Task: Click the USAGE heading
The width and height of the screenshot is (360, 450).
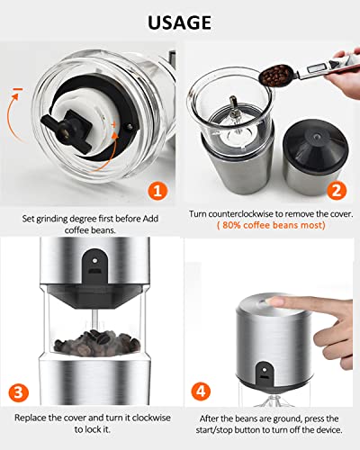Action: pyautogui.click(x=179, y=22)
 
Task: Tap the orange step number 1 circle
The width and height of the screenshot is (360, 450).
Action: pyautogui.click(x=157, y=191)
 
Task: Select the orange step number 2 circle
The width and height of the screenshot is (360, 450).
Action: pyautogui.click(x=337, y=190)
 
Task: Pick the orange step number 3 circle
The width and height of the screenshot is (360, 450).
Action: pyautogui.click(x=18, y=392)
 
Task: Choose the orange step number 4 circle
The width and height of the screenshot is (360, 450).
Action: pyautogui.click(x=201, y=391)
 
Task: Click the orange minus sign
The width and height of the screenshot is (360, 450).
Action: pyautogui.click(x=18, y=89)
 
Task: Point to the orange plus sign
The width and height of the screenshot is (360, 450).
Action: pyautogui.click(x=113, y=124)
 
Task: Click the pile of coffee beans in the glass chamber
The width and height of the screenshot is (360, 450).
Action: pyautogui.click(x=97, y=343)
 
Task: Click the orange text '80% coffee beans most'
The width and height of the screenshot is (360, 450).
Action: pyautogui.click(x=271, y=225)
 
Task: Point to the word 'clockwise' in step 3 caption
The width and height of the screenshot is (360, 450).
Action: pyautogui.click(x=151, y=418)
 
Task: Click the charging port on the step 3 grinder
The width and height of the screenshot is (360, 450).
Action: pyautogui.click(x=94, y=271)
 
